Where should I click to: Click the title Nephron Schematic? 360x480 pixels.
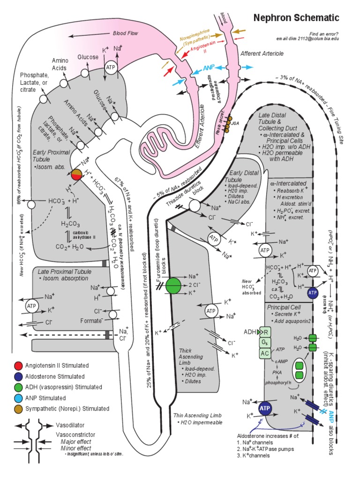pos(296,18)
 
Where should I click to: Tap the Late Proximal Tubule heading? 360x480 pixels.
pos(61,271)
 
